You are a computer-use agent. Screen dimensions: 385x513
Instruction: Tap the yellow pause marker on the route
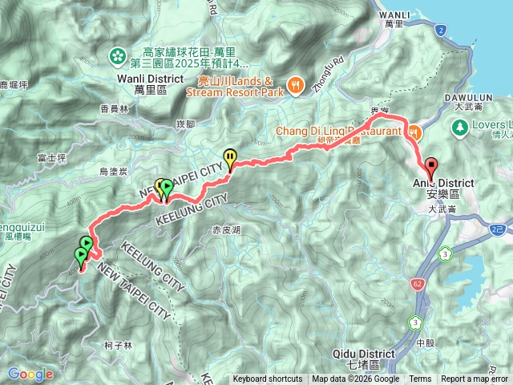[231, 157]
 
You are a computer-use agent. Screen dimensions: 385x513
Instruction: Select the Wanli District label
[145, 78]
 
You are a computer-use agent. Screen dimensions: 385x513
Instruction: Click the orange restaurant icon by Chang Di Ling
[414, 131]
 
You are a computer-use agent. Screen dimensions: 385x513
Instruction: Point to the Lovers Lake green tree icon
[460, 127]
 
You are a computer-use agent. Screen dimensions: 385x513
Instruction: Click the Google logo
[30, 374]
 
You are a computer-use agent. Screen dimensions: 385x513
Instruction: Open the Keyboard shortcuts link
[268, 379]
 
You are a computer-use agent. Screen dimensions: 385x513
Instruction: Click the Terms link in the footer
[420, 379]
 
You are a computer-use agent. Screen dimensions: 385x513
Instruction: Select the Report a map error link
[475, 379]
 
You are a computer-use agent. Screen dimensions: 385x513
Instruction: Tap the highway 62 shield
[419, 283]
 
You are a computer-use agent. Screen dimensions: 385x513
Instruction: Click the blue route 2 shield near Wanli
[441, 30]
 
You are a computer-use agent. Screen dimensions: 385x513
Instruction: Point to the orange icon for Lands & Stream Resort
[295, 82]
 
